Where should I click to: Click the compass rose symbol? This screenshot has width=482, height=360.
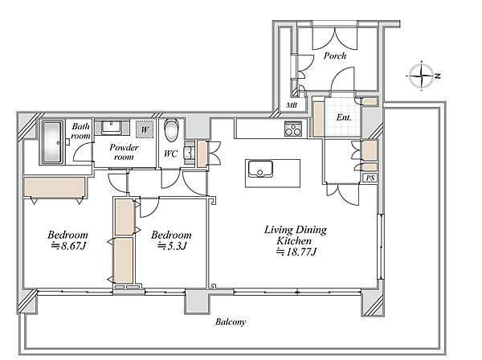coord(422,76)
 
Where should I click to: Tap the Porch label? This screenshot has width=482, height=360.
coord(335,55)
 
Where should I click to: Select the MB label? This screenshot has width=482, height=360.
coord(292,105)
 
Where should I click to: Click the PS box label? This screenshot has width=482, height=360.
coord(370,178)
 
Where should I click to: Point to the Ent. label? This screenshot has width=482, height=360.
coord(343,117)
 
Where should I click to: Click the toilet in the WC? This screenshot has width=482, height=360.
coord(171,130)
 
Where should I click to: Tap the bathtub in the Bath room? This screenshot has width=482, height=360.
coord(52,142)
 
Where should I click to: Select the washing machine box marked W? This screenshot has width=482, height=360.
coord(145,129)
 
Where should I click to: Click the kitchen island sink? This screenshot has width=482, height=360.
coord(260,169)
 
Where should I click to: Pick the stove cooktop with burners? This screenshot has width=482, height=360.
coord(293,129)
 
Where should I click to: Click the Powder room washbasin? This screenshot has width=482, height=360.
coord(111,128)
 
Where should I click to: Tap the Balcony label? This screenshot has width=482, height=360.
coord(231,322)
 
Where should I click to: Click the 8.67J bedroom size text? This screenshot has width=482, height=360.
coord(68,246)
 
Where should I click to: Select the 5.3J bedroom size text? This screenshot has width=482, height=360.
coord(172,246)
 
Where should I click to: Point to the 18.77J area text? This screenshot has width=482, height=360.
coord(296,252)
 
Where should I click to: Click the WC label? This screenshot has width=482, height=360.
coord(170,153)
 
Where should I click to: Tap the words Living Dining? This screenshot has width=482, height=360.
coord(296,230)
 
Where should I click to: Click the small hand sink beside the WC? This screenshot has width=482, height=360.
coord(188,153)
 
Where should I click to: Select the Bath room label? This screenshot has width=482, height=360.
coord(80,131)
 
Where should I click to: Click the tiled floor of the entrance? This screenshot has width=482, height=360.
coord(342,117)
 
